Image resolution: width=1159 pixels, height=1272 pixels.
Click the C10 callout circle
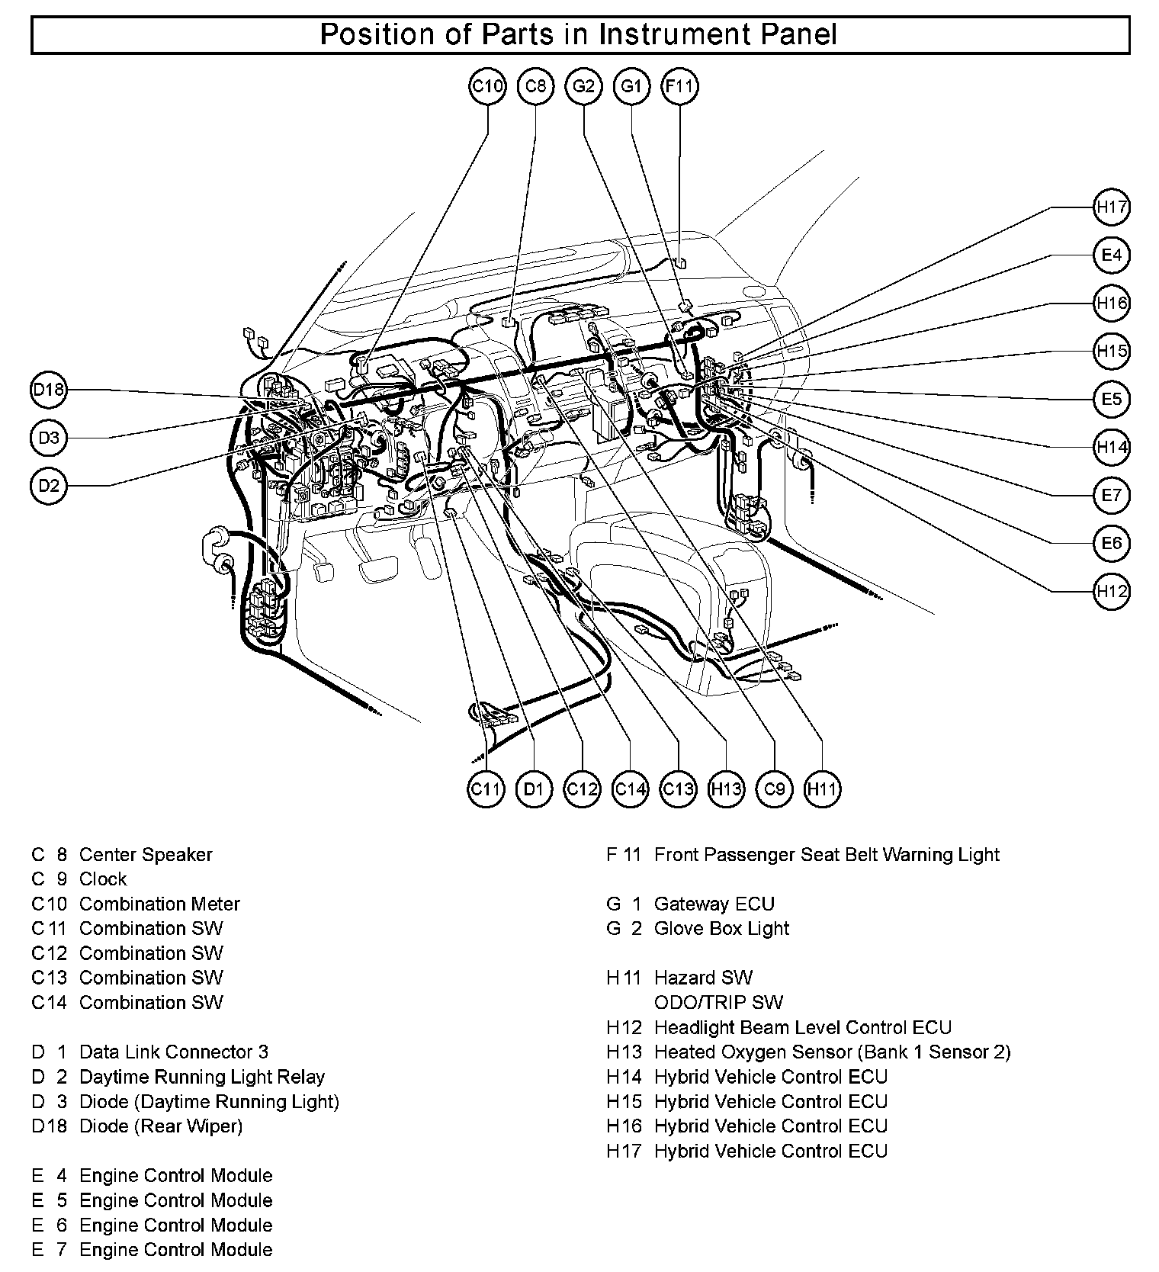tap(487, 86)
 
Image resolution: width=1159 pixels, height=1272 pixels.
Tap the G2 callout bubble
tap(583, 86)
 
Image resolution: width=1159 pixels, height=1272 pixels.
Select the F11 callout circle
tap(679, 86)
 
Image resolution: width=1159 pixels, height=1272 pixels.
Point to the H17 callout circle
tap(1111, 207)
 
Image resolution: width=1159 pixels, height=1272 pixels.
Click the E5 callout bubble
tap(1111, 399)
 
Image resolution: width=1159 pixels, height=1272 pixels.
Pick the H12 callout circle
tap(1111, 591)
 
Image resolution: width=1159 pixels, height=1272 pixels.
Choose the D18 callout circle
tap(49, 390)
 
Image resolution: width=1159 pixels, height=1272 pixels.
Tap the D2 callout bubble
tap(49, 486)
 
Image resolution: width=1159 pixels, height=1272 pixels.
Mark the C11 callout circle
tap(485, 789)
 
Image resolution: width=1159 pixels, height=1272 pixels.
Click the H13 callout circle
tap(726, 789)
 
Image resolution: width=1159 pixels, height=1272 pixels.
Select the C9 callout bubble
tap(774, 789)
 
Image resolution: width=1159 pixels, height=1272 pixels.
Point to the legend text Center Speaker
tap(146, 855)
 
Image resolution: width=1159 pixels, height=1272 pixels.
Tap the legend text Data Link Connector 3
tap(174, 1052)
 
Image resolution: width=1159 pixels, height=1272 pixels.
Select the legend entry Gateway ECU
tap(714, 904)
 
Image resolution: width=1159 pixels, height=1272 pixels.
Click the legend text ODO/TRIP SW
tap(718, 1003)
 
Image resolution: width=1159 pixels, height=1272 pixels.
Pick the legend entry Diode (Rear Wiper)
tap(161, 1126)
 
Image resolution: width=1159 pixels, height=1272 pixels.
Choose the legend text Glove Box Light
tap(721, 929)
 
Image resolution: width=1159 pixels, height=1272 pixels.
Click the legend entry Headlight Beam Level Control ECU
tap(803, 1028)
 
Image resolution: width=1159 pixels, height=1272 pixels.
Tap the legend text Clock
tap(103, 879)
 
